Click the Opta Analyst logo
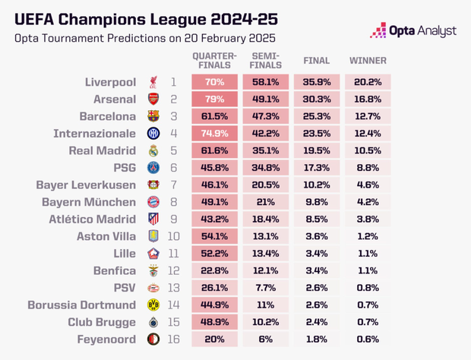(x=413, y=30)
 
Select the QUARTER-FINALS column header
(x=214, y=61)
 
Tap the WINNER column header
(x=368, y=61)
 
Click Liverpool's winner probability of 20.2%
(x=368, y=82)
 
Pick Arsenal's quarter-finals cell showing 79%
(x=214, y=99)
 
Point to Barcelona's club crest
(x=153, y=116)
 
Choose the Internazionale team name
(x=95, y=134)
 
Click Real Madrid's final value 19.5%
(x=316, y=150)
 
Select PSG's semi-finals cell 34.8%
(x=265, y=168)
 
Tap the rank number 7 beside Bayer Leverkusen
(x=173, y=185)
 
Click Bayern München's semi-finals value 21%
(x=265, y=202)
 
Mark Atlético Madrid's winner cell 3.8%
(x=368, y=219)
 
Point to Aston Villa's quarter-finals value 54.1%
(x=214, y=236)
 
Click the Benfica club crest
(x=153, y=270)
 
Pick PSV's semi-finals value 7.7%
(x=265, y=287)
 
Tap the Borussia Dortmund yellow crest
(x=153, y=305)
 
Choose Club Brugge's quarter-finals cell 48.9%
(x=214, y=321)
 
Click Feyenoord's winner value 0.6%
(x=368, y=339)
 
